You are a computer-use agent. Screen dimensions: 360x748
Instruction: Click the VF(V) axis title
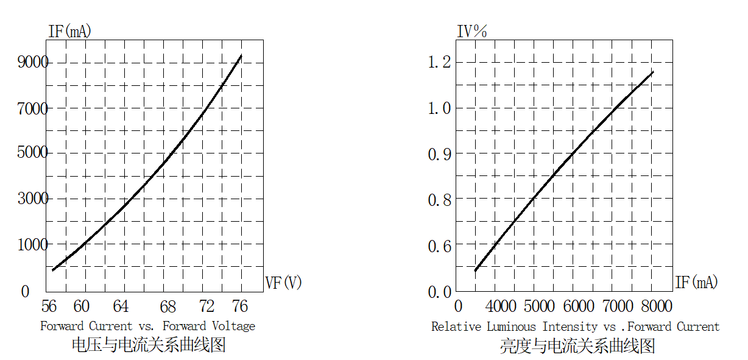(283, 283)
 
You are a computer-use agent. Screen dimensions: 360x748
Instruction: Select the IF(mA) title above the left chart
(69, 30)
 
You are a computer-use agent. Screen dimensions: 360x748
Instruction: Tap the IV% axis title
(472, 31)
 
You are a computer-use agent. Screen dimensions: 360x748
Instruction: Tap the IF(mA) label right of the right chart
(696, 283)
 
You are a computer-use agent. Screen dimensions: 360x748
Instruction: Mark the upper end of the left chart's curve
(241, 55)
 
